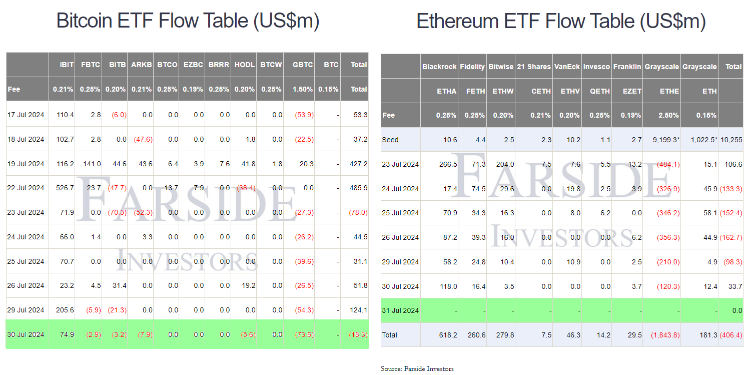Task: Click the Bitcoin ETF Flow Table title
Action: (x=188, y=21)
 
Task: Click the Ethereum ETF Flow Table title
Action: (x=561, y=21)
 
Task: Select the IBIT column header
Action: (x=67, y=65)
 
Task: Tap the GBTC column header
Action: (x=303, y=65)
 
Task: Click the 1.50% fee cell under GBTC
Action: (x=303, y=89)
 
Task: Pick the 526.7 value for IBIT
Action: (x=66, y=188)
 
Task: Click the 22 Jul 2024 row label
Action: (x=26, y=188)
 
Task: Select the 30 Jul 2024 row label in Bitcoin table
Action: (x=26, y=334)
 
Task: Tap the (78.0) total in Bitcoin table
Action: (x=358, y=212)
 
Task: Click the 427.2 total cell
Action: (x=359, y=164)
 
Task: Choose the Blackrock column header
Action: (x=439, y=67)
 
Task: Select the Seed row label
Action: (x=390, y=140)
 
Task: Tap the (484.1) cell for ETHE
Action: (x=668, y=164)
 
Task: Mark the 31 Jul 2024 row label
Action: (x=400, y=310)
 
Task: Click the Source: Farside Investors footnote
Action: (x=417, y=369)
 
